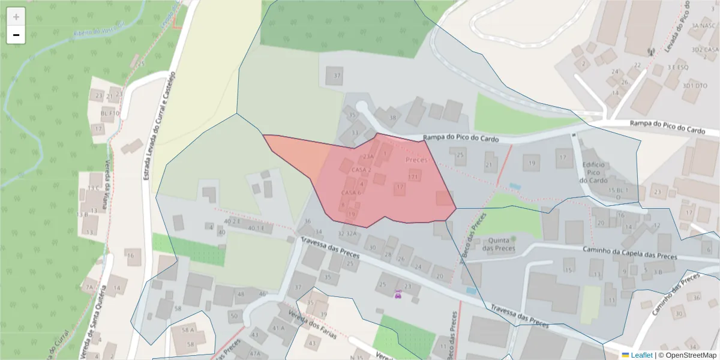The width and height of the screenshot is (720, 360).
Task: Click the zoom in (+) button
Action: click(16, 17)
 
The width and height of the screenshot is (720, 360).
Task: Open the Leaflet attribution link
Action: click(641, 355)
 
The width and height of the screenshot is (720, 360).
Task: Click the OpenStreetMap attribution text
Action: click(686, 355)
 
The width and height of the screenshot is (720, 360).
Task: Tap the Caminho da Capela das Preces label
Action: click(630, 253)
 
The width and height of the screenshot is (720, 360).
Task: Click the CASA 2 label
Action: click(361, 170)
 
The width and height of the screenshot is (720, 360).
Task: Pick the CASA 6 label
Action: click(351, 193)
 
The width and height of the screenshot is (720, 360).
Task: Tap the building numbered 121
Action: click(413, 177)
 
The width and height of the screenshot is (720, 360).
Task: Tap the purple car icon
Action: click(398, 294)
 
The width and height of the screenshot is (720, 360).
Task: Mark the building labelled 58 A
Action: click(188, 330)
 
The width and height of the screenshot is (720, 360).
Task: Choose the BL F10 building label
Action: click(110, 113)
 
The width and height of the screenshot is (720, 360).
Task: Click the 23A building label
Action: click(368, 157)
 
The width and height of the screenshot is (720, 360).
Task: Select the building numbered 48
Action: click(241, 294)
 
